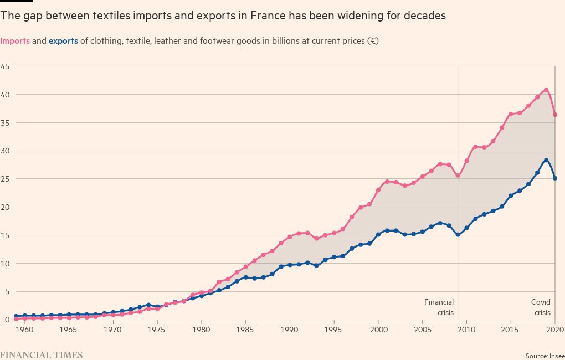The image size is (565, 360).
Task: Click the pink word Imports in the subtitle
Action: (x=18, y=41)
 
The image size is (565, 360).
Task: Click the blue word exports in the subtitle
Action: (x=63, y=41)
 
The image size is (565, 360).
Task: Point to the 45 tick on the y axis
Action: (x=5, y=66)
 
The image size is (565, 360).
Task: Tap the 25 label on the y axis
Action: (x=5, y=179)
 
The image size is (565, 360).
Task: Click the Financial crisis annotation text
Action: (x=439, y=307)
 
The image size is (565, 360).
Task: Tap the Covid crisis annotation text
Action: (x=541, y=307)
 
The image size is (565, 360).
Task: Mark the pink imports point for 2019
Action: (x=546, y=90)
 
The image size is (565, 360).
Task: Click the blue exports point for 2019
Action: (x=546, y=160)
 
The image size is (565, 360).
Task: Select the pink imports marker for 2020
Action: (x=555, y=115)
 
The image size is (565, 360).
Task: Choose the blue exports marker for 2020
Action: (x=555, y=178)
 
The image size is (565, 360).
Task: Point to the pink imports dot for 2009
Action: (x=458, y=176)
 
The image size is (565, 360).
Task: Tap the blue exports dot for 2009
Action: (x=458, y=235)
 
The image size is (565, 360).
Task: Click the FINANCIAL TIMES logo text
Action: (x=42, y=355)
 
